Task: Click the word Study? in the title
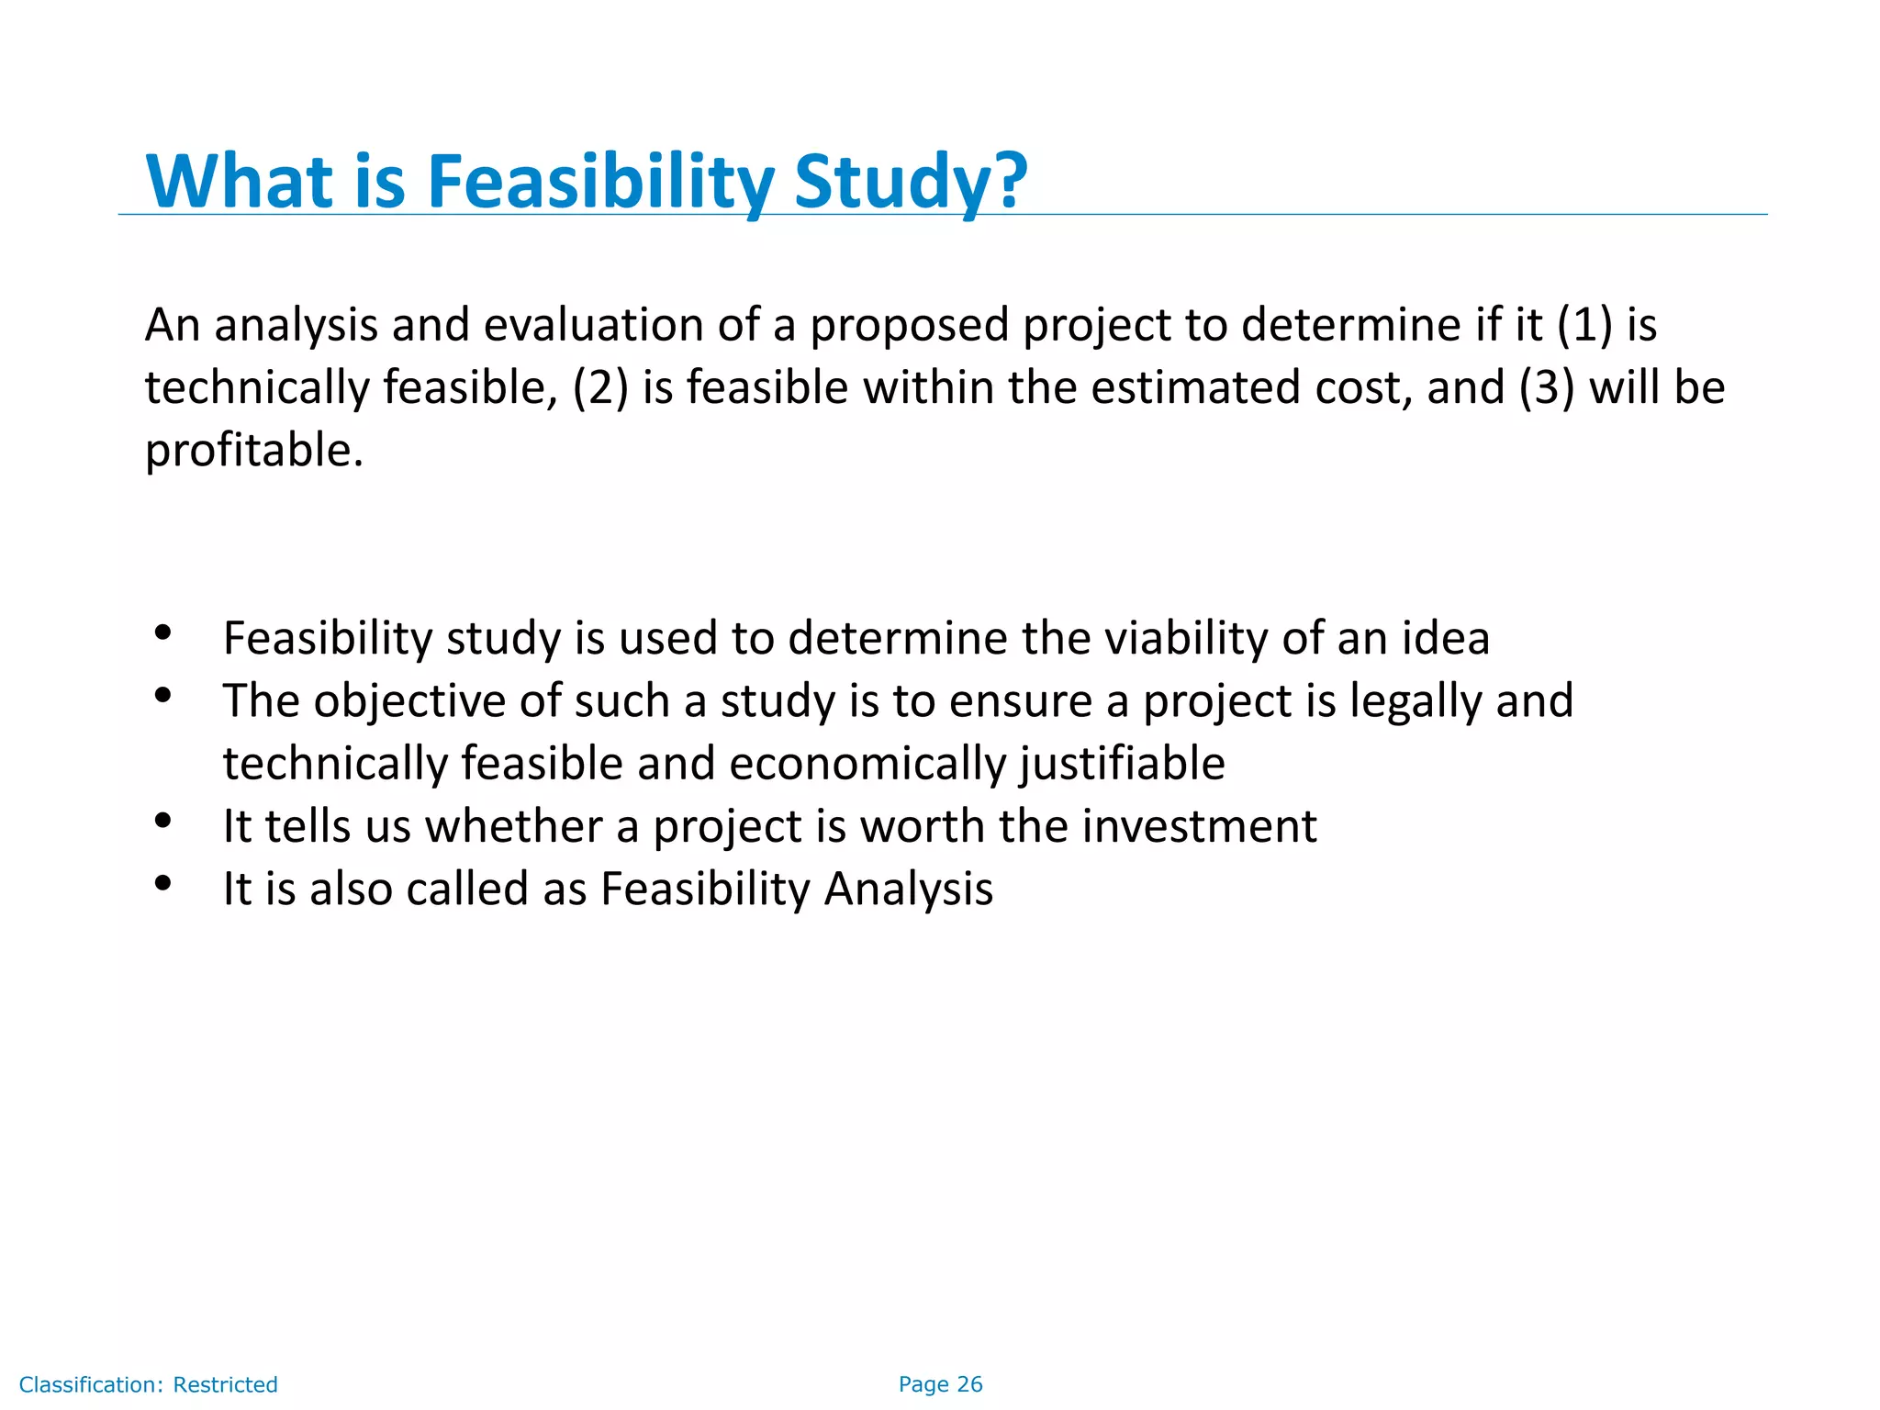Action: point(910,182)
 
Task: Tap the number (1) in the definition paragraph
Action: point(1584,325)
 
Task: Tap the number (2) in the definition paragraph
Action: point(600,387)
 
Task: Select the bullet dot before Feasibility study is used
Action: point(163,632)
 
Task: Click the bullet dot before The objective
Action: point(163,695)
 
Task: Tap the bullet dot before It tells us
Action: point(163,821)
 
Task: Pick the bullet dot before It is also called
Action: point(163,883)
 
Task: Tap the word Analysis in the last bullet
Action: point(908,890)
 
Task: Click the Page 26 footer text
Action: point(940,1384)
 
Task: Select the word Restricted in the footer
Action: point(225,1384)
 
